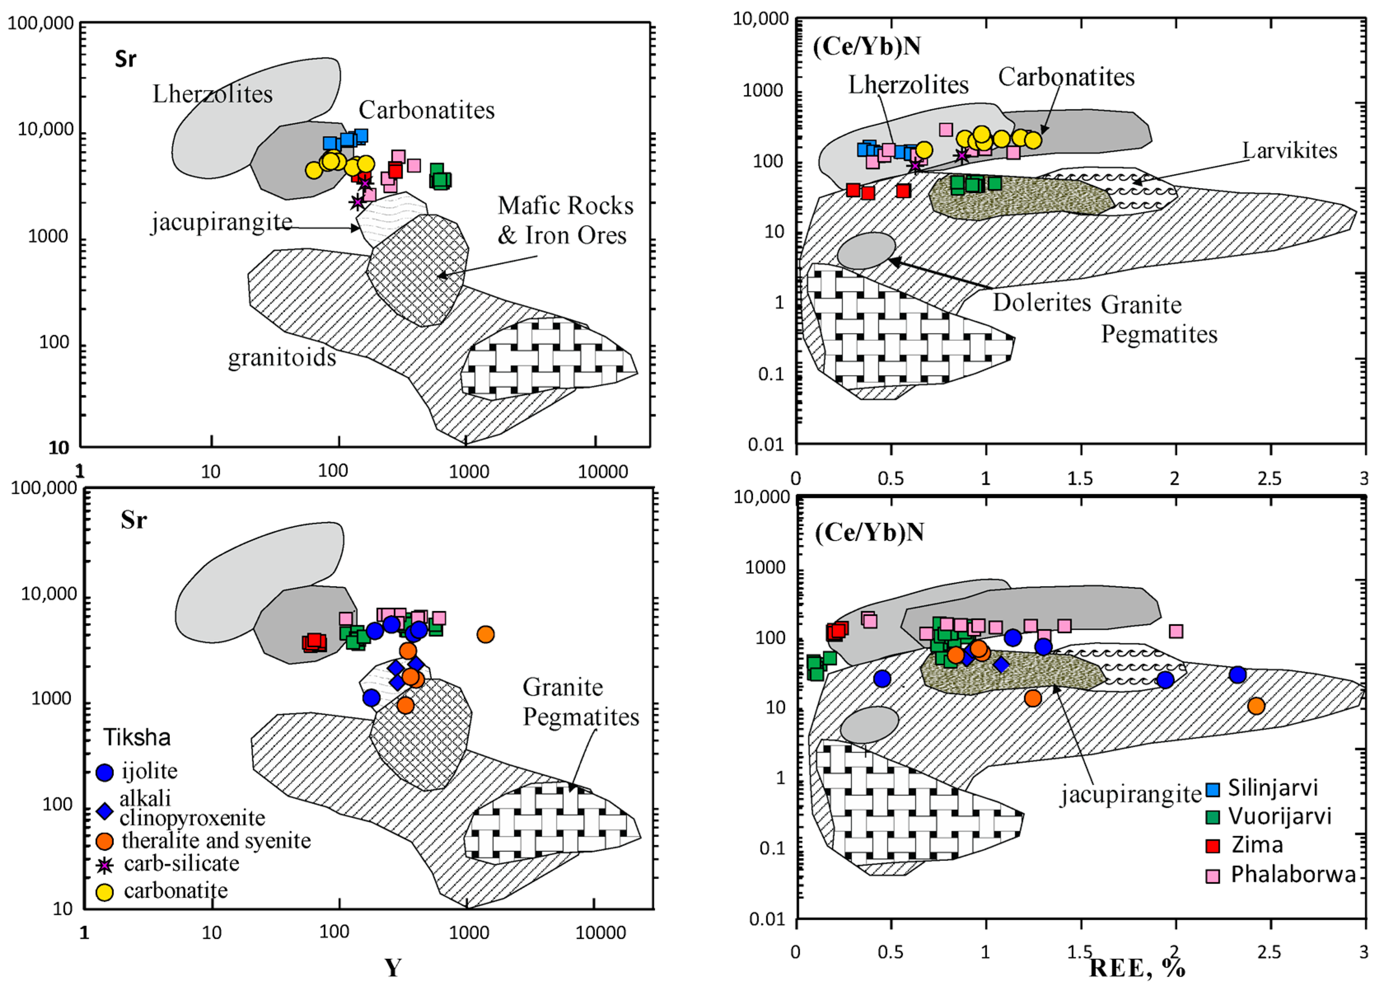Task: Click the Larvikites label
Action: [1289, 151]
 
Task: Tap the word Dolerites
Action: [1042, 302]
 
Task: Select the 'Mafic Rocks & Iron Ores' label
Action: [565, 220]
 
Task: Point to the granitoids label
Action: [282, 358]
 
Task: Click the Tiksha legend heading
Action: [137, 738]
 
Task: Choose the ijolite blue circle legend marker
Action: [105, 772]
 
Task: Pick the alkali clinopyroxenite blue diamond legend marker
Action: [105, 811]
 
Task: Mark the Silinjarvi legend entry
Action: [1273, 788]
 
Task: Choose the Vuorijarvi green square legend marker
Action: [1213, 817]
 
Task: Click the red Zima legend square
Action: [1213, 846]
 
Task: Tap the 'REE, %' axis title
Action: [1137, 968]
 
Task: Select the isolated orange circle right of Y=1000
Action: [486, 634]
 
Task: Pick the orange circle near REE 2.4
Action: [1256, 706]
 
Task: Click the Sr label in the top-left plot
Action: [126, 59]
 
